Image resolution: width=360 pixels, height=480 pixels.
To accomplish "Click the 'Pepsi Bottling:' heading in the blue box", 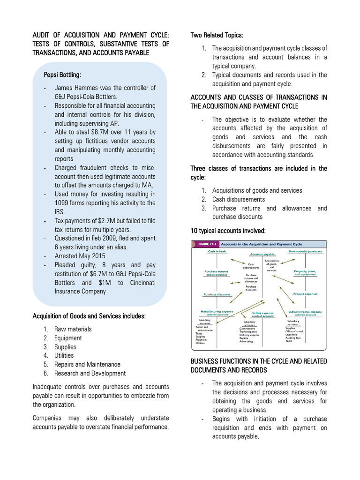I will pos(62,75).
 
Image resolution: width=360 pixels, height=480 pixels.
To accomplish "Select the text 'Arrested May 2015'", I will pos(80,256).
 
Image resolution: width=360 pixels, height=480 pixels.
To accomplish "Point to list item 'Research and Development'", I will pos(90,373).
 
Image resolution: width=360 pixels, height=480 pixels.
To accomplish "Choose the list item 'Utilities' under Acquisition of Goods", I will pos(64,355).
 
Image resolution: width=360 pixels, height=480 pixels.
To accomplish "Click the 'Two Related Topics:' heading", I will pos(217,35).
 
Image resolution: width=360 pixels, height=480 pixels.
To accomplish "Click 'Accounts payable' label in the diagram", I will pos(262,254).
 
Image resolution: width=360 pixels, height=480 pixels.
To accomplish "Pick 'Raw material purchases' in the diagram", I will pos(305,252).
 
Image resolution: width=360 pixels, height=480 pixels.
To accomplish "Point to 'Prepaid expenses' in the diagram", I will pos(305,294).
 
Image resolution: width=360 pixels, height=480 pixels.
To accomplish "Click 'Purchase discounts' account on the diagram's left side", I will pos(217,294).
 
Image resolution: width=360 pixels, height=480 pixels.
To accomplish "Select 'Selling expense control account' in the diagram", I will pos(262,314).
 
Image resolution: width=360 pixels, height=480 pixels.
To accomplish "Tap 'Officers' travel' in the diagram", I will pos(294,331).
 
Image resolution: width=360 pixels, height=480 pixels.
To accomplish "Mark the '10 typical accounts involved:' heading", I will pos(228,231).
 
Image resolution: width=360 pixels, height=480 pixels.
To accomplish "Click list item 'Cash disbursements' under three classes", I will pos(238,199).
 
